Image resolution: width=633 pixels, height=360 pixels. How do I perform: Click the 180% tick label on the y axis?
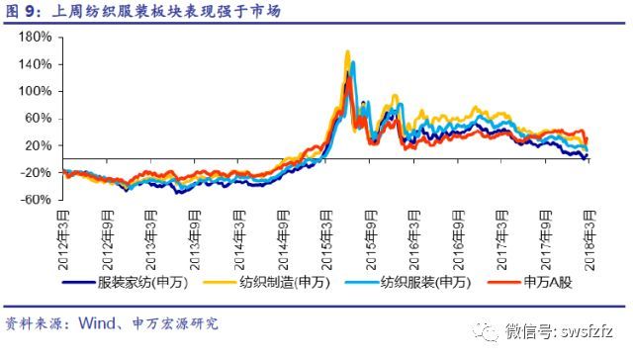[36, 38]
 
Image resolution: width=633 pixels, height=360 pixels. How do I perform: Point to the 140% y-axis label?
[36, 64]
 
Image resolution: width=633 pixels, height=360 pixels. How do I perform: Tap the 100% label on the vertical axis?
[36, 91]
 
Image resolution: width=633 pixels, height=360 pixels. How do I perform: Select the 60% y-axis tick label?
[39, 119]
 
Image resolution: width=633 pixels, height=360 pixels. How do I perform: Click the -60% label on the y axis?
[36, 200]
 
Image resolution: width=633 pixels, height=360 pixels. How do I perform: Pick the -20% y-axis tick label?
[36, 172]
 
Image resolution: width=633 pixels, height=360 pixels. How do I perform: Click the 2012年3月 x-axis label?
[63, 239]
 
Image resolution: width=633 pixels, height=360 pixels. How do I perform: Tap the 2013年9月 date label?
[195, 239]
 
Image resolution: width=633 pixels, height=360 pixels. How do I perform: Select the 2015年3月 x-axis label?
[326, 239]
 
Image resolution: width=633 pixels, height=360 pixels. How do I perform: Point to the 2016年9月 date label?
[458, 239]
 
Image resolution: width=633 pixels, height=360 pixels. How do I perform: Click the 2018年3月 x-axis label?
[589, 239]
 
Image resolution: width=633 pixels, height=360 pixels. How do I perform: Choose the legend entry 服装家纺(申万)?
[126, 282]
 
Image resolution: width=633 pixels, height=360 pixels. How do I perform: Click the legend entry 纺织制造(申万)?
[267, 282]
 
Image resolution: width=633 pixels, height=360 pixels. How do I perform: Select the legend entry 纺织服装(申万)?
[408, 282]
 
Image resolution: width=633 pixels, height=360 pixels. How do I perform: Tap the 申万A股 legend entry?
[530, 282]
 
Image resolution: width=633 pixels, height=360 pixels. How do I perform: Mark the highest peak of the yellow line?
[347, 51]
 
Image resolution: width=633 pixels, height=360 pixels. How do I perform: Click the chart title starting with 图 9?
[142, 11]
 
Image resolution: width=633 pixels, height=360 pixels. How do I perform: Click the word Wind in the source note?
[97, 323]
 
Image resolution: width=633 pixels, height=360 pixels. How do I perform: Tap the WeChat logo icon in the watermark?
[485, 331]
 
